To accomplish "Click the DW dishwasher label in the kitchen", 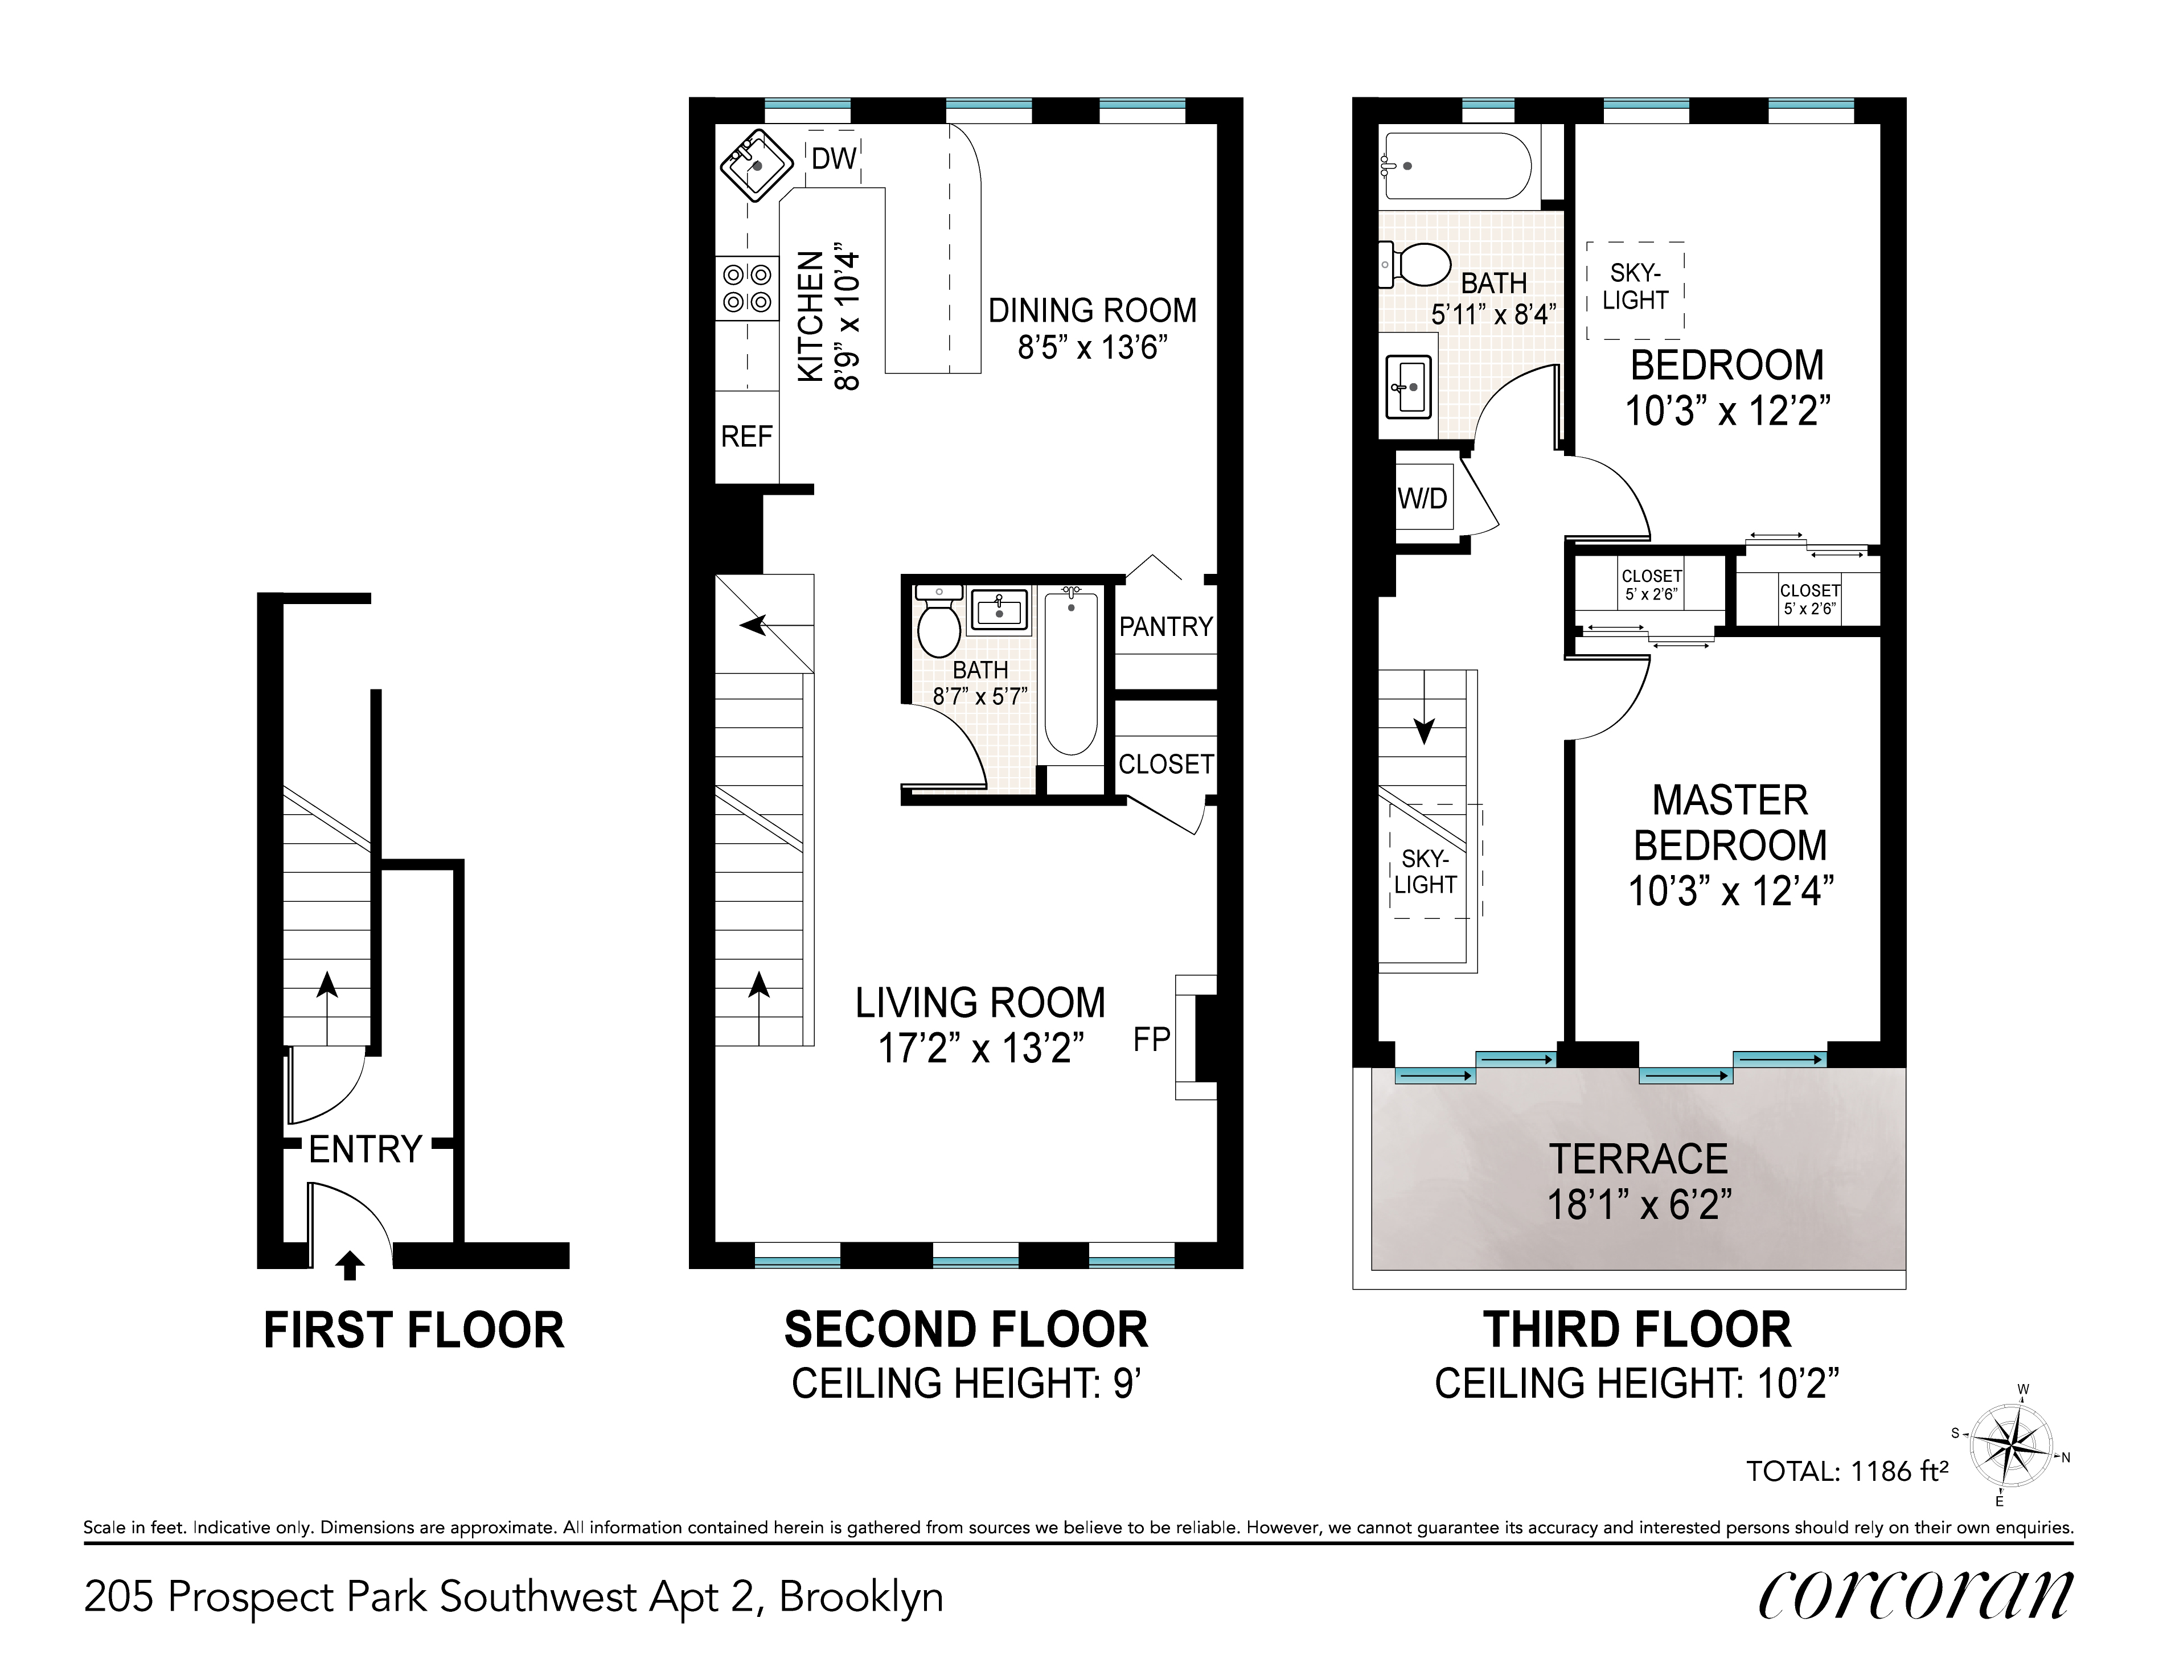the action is (x=834, y=158).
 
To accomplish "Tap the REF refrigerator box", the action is (x=747, y=437).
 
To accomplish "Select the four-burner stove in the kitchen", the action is (x=747, y=288).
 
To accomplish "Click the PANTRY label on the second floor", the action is (x=1165, y=627).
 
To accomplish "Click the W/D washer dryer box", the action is (x=1423, y=498).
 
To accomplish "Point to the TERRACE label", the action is (x=1639, y=1159).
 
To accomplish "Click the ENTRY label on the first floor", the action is (x=366, y=1149).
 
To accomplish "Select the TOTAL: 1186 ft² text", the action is (x=1847, y=1471).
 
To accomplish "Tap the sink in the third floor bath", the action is (x=1409, y=387).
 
